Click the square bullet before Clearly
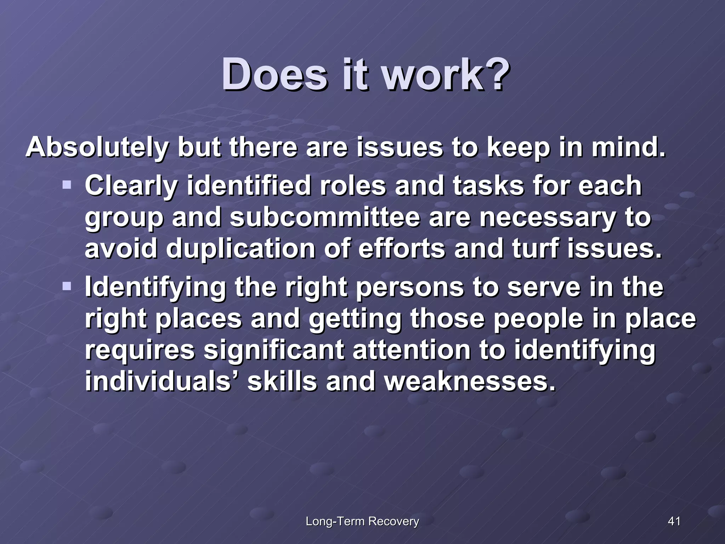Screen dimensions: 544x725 pyautogui.click(x=67, y=185)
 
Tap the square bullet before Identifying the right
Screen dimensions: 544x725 pyautogui.click(x=67, y=286)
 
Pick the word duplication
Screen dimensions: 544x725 pyautogui.click(x=240, y=249)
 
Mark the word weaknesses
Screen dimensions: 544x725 pyautogui.click(x=470, y=381)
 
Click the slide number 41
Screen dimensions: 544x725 pyautogui.click(x=674, y=521)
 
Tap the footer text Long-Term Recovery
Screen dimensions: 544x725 pyautogui.click(x=362, y=521)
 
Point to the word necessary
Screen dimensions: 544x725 pyautogui.click(x=547, y=217)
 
